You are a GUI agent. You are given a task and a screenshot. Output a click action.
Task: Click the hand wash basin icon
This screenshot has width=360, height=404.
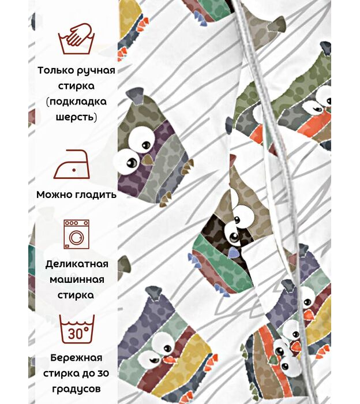tap(76, 39)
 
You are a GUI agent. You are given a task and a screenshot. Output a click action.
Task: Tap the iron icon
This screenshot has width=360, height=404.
tap(72, 164)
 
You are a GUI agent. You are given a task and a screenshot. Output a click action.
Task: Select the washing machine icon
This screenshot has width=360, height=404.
tap(77, 234)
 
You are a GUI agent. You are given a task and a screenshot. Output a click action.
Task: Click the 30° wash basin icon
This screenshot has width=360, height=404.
tap(77, 329)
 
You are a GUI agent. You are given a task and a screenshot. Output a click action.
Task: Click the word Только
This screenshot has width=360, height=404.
tap(55, 70)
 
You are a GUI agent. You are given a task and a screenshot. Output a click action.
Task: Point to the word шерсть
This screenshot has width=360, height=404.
tap(77, 117)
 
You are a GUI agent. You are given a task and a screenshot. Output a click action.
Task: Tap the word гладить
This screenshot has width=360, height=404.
tap(96, 195)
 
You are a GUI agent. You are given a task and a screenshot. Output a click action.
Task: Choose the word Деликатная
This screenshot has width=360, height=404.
tap(77, 264)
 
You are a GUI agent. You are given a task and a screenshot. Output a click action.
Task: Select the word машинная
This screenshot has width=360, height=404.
tap(77, 280)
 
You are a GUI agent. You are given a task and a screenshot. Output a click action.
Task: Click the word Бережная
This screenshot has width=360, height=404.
tap(76, 358)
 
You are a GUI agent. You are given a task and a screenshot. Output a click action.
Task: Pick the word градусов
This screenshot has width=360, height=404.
tap(76, 390)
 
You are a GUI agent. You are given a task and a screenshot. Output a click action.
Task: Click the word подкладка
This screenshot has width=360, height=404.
tap(77, 102)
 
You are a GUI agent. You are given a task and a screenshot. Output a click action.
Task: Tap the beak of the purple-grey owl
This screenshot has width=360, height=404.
tap(147, 160)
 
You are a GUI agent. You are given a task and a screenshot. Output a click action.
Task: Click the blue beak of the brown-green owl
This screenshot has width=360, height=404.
tap(232, 252)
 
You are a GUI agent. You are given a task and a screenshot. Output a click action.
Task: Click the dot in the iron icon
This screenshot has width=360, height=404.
tap(74, 170)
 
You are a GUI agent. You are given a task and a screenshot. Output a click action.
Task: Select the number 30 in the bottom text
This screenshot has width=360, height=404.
tap(103, 373)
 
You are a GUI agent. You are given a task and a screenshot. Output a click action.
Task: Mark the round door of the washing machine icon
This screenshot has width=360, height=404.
tap(77, 237)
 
